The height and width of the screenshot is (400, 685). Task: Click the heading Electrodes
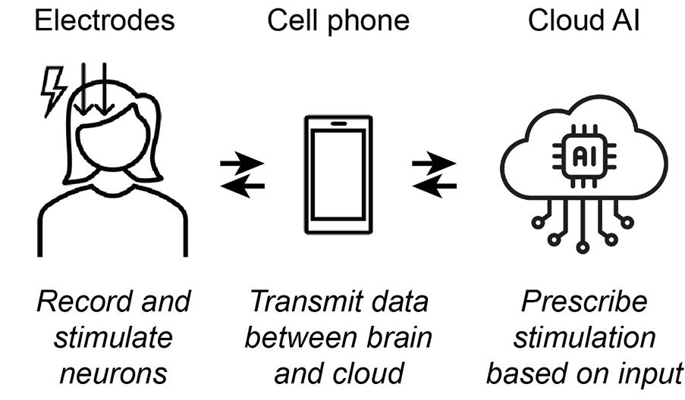coord(105,20)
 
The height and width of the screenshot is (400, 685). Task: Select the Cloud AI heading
coord(583,20)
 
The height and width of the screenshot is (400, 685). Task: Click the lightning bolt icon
coord(53,92)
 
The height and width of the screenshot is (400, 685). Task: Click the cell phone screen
coord(338,174)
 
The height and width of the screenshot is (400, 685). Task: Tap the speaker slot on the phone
coord(338,123)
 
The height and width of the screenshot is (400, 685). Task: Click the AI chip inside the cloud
coord(584,156)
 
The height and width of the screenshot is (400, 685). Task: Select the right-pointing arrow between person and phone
coord(242,164)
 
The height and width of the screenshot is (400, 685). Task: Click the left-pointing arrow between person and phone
coord(243,186)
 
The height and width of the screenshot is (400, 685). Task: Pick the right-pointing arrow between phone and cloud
coord(434,164)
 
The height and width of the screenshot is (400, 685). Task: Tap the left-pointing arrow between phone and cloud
coord(435,186)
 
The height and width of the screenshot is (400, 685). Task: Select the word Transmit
coord(306,302)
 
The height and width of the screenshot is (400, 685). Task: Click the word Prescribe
coord(584,302)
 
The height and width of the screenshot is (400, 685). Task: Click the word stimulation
coord(585,338)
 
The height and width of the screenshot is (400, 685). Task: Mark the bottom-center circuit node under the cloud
coord(583,247)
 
